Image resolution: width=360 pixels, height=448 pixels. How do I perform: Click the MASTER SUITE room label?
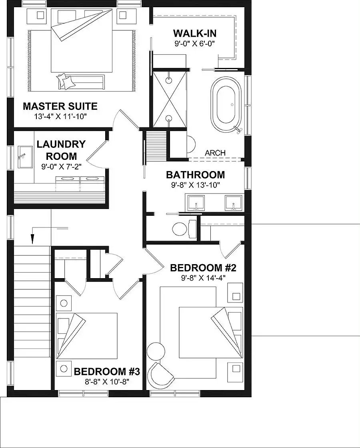point(60,106)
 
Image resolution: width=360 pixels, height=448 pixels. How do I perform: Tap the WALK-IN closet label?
point(195,33)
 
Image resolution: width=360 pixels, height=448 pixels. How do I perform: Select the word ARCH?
point(215,153)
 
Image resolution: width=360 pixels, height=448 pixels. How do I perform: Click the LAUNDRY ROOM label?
point(61,150)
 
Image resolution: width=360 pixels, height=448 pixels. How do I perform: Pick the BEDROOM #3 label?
point(106,372)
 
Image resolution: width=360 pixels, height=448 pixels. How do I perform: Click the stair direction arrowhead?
point(32,239)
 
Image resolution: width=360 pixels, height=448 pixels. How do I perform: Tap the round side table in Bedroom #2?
point(156,351)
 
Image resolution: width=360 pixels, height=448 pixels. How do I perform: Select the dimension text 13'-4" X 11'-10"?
point(60,116)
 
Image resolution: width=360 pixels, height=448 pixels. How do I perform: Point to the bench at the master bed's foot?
point(82,82)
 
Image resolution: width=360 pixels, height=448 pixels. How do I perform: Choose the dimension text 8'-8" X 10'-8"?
point(106,382)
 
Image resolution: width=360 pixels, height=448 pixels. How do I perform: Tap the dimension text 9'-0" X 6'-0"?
point(195,44)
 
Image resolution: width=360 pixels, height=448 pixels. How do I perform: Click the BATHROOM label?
point(195,175)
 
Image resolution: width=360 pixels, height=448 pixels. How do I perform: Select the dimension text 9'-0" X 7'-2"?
point(61,167)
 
